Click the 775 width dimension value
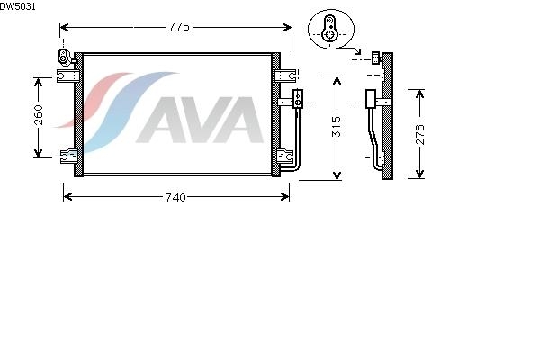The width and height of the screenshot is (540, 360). click(179, 27)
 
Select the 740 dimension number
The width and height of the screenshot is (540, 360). click(176, 197)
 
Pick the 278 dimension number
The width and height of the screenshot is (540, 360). click(419, 134)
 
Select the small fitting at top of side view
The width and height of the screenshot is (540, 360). click(375, 58)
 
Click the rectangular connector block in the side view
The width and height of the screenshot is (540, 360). click(370, 99)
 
